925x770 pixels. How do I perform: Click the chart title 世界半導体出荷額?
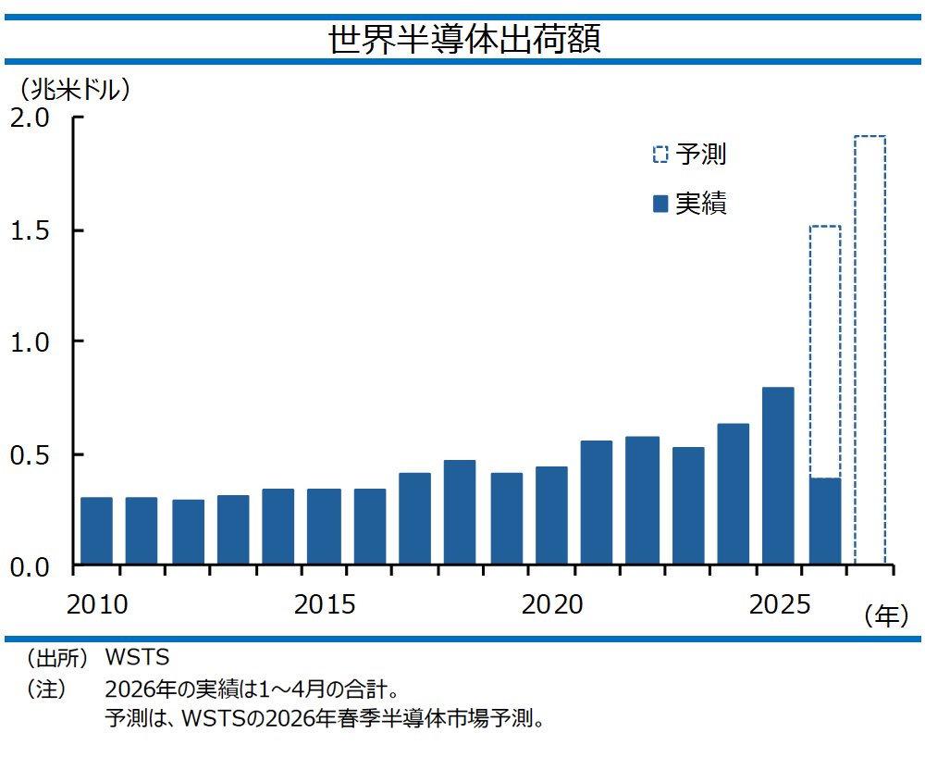pyautogui.click(x=464, y=40)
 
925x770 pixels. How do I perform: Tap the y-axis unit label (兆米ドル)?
pyautogui.click(x=75, y=90)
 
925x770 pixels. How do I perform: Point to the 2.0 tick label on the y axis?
pyautogui.click(x=31, y=118)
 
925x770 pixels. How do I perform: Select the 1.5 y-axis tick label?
pyautogui.click(x=31, y=230)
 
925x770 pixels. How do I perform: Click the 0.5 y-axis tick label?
pyautogui.click(x=31, y=455)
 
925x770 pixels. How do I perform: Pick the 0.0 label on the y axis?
pyautogui.click(x=31, y=567)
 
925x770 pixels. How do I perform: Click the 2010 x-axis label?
pyautogui.click(x=97, y=604)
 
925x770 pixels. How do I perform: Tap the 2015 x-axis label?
pyautogui.click(x=325, y=604)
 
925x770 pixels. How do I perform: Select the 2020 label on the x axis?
pyautogui.click(x=552, y=604)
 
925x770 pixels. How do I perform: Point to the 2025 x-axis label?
pyautogui.click(x=780, y=604)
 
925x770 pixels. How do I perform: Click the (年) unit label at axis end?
pyautogui.click(x=886, y=616)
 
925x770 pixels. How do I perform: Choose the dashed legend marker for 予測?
pyautogui.click(x=660, y=154)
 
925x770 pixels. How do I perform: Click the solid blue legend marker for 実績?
pyautogui.click(x=660, y=204)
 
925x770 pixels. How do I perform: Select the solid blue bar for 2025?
pyautogui.click(x=778, y=476)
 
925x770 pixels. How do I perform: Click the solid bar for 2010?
pyautogui.click(x=96, y=531)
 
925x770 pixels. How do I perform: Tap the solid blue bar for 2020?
pyautogui.click(x=551, y=515)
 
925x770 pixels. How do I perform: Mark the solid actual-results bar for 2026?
pyautogui.click(x=825, y=521)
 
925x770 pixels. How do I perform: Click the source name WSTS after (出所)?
pyautogui.click(x=137, y=657)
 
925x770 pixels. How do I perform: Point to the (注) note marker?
pyautogui.click(x=45, y=689)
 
